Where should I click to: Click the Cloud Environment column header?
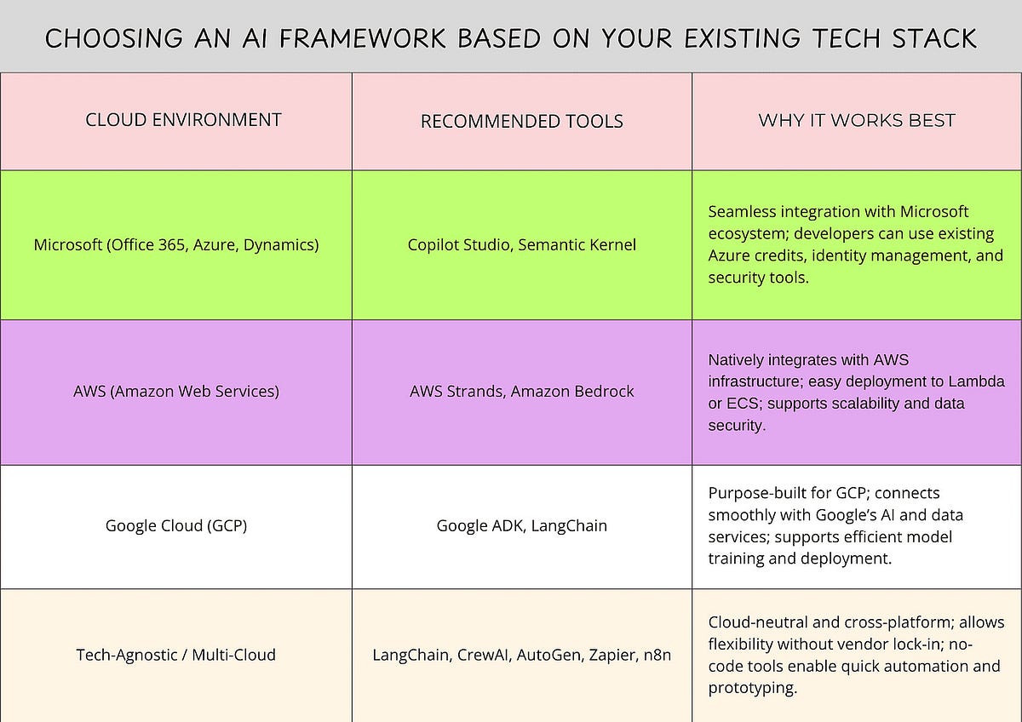pyautogui.click(x=183, y=120)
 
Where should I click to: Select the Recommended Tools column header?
pyautogui.click(x=521, y=122)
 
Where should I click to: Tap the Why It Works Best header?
pyautogui.click(x=856, y=120)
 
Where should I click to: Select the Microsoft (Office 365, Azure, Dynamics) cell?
pyautogui.click(x=176, y=245)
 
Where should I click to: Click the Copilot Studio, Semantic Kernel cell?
pyautogui.click(x=521, y=245)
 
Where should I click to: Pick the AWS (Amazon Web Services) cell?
pyautogui.click(x=176, y=392)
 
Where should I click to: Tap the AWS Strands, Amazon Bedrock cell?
pyautogui.click(x=521, y=392)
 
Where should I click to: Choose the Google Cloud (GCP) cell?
pyautogui.click(x=176, y=525)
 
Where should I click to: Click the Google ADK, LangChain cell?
pyautogui.click(x=521, y=525)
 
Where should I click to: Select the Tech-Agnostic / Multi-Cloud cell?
pyautogui.click(x=176, y=655)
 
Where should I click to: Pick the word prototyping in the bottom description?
pyautogui.click(x=752, y=688)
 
